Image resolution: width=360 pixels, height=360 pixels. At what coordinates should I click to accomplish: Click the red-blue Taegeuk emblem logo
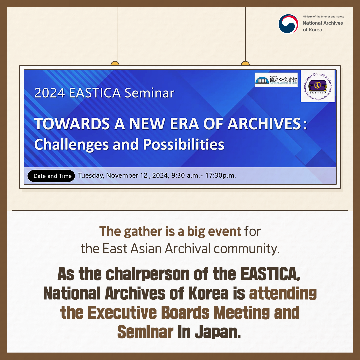(288, 24)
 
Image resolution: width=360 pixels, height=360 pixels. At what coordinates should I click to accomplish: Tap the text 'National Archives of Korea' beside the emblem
(323, 26)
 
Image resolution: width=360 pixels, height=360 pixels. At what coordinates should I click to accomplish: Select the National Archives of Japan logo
(276, 80)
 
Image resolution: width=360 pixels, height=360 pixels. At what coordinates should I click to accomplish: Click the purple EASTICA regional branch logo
(317, 86)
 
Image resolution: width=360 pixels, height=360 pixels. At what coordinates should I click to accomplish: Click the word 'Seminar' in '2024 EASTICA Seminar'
(149, 93)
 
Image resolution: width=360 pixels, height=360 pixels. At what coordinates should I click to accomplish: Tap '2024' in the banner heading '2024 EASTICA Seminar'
(49, 93)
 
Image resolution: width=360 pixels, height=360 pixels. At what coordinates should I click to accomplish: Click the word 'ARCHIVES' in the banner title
(264, 124)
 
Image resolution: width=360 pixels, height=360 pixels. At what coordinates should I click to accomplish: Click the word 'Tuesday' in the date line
(91, 175)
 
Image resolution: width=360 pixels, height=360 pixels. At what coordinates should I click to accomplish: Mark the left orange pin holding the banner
(115, 63)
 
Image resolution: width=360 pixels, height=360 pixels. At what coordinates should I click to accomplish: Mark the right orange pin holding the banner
(245, 63)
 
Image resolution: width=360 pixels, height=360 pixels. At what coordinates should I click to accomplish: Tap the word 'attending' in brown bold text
(283, 294)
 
